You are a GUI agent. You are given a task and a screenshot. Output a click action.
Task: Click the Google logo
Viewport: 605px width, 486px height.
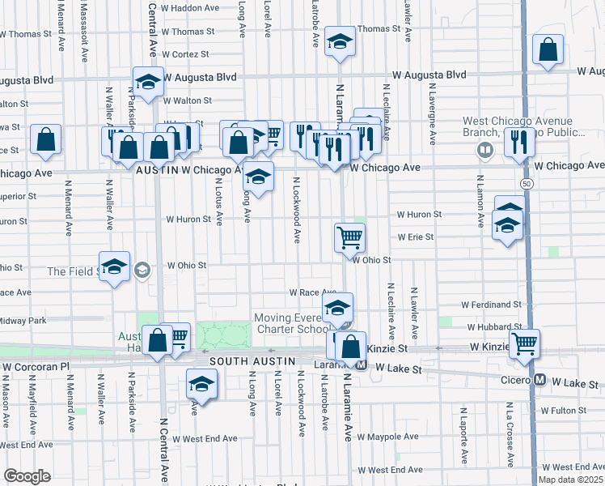click(x=27, y=476)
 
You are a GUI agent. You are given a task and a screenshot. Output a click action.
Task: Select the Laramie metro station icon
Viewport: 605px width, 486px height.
click(x=362, y=366)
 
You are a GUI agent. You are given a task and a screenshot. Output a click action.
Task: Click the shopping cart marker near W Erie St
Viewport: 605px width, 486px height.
click(x=350, y=237)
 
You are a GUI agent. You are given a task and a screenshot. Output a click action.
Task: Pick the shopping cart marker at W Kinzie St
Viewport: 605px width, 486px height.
click(x=524, y=343)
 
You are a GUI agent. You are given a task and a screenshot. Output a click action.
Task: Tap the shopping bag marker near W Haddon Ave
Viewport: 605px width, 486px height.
click(x=548, y=49)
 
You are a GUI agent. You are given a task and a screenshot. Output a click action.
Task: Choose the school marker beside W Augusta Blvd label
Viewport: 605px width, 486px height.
click(x=148, y=82)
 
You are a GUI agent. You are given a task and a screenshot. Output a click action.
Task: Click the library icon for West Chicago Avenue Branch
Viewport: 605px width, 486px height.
click(x=485, y=149)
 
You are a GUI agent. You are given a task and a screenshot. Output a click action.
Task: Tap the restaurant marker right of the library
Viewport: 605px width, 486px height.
click(x=518, y=142)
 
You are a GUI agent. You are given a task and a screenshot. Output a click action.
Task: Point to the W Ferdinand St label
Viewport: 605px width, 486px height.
click(x=491, y=305)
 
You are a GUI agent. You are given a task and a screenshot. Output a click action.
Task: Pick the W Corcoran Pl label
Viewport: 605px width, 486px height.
click(x=36, y=366)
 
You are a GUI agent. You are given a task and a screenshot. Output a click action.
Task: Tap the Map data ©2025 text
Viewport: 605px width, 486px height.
click(x=570, y=480)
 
